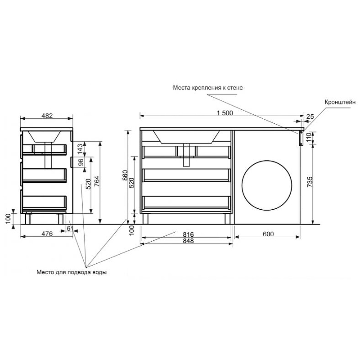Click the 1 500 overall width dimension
pyautogui.click(x=225, y=113)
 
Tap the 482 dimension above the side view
pyautogui.click(x=47, y=116)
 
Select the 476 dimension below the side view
pyautogui.click(x=47, y=234)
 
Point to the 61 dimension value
pyautogui.click(x=70, y=228)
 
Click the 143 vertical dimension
pyautogui.click(x=80, y=149)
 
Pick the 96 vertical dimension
pyautogui.click(x=81, y=162)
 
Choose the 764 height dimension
pyautogui.click(x=97, y=181)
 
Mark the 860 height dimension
pyautogui.click(x=125, y=175)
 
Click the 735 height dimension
pyautogui.click(x=310, y=182)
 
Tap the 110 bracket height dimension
pyautogui.click(x=309, y=137)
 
